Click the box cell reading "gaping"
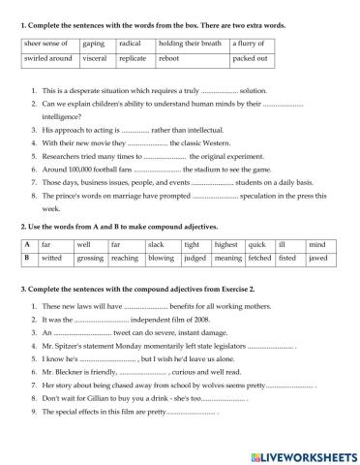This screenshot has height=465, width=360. [x=94, y=44]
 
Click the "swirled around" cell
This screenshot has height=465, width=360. [x=47, y=60]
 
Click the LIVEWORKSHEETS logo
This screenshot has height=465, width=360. [x=301, y=454]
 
